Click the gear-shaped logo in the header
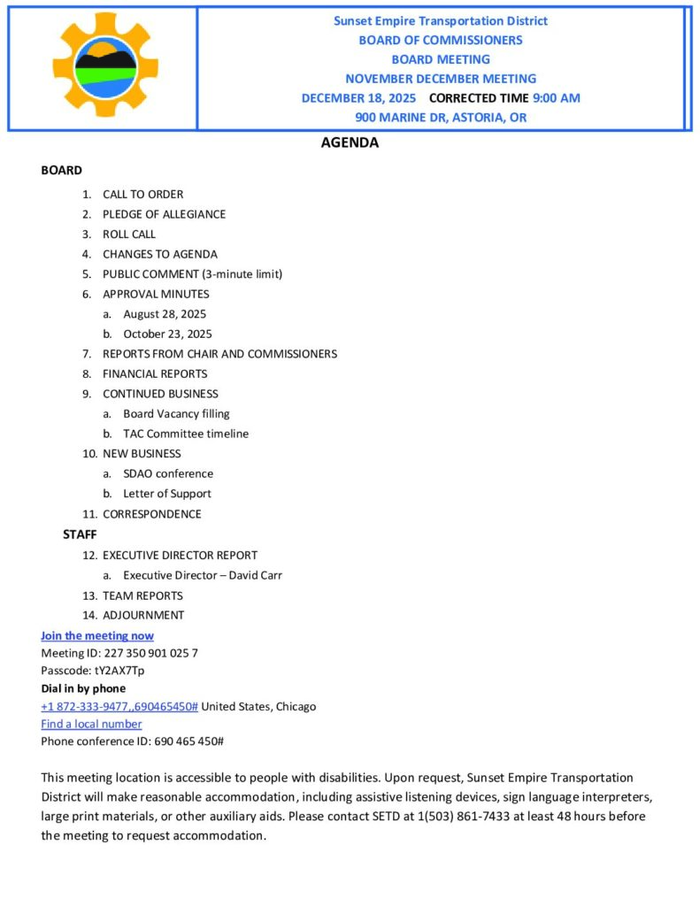(x=105, y=65)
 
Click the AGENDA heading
(x=350, y=142)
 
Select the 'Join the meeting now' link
(x=97, y=635)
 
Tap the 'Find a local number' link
(x=91, y=724)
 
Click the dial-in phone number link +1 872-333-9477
(x=119, y=706)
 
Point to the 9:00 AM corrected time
(x=557, y=98)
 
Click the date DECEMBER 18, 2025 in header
(x=358, y=98)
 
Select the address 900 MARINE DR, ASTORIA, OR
(x=441, y=117)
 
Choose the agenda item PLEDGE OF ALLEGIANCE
(x=164, y=214)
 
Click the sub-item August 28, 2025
(x=165, y=314)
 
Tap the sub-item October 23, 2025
(x=167, y=334)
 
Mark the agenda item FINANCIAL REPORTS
(x=155, y=373)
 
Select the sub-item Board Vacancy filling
(x=176, y=413)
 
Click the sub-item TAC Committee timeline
(x=186, y=434)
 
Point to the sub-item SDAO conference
(x=168, y=473)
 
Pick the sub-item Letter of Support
(x=167, y=494)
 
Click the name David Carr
(x=256, y=575)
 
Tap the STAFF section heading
(x=80, y=534)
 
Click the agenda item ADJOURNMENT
(x=143, y=615)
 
